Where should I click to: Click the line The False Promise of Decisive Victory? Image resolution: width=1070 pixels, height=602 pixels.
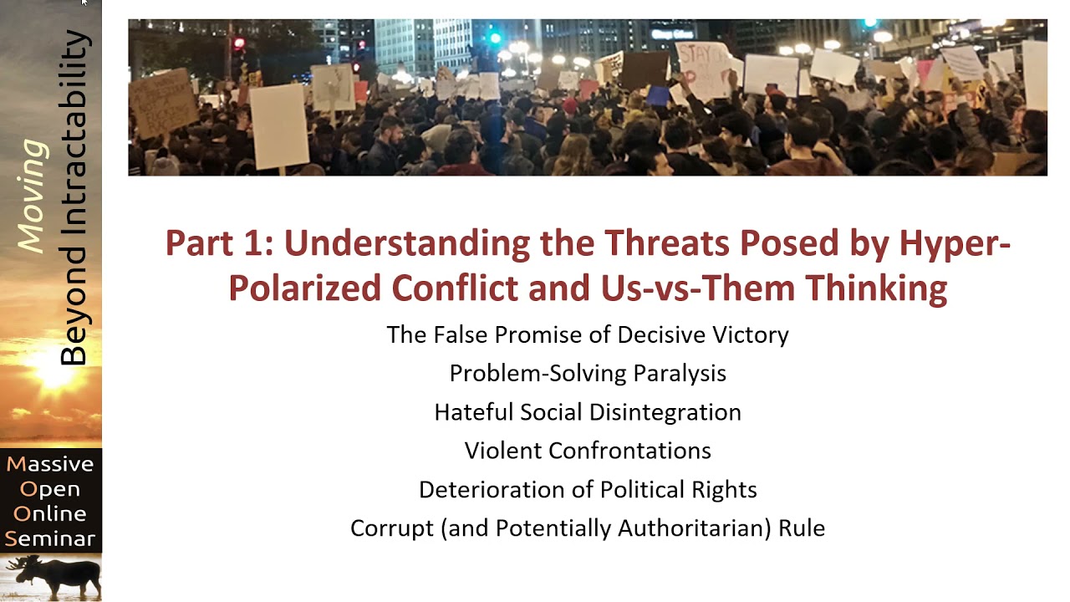588,335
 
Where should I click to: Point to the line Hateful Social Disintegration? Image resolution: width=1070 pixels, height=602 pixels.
588,412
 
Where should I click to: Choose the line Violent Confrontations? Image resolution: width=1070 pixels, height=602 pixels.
588,451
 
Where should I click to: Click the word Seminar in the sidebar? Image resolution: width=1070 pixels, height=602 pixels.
50,538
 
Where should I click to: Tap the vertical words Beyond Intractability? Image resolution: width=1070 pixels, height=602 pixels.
74,198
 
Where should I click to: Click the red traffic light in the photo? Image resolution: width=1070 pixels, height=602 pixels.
239,43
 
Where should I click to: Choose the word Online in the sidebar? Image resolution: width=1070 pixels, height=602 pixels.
50,513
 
